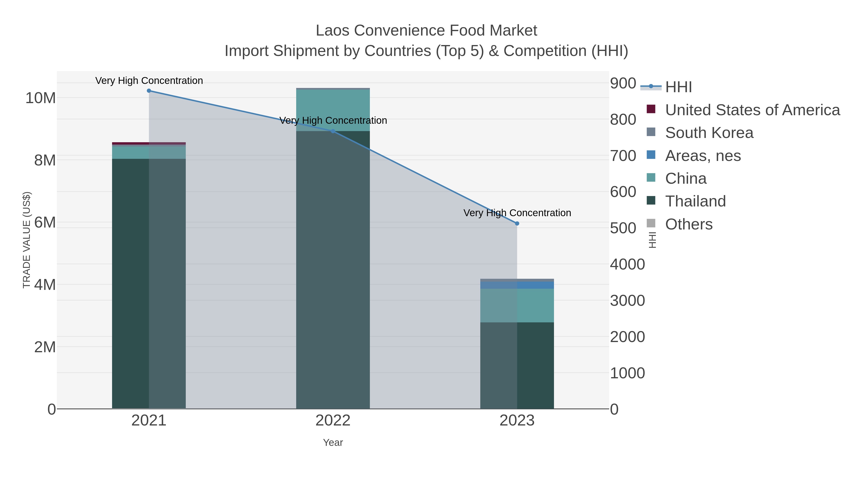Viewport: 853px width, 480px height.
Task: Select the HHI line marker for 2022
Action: tap(333, 131)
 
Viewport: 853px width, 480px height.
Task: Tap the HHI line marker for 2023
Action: tap(517, 224)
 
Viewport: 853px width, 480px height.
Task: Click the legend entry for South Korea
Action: tap(709, 133)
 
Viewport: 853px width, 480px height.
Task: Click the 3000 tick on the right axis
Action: tap(627, 301)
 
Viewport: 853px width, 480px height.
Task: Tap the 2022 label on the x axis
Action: tap(333, 421)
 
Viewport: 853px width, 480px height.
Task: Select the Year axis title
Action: tap(333, 443)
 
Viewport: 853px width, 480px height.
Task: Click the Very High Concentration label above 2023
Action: tap(517, 213)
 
